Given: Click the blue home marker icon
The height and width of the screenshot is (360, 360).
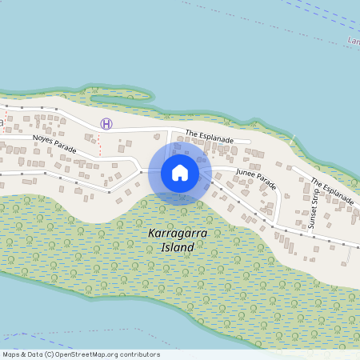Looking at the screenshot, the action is (180, 173).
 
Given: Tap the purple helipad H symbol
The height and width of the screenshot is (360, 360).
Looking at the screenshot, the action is (106, 123).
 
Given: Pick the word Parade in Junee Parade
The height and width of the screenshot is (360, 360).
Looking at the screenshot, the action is (267, 183).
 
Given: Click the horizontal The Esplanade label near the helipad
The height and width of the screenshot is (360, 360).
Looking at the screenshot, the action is (210, 138).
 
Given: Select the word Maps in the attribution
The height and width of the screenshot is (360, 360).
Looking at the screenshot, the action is (11, 354).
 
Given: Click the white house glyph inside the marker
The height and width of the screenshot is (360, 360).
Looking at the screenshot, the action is (180, 173).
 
